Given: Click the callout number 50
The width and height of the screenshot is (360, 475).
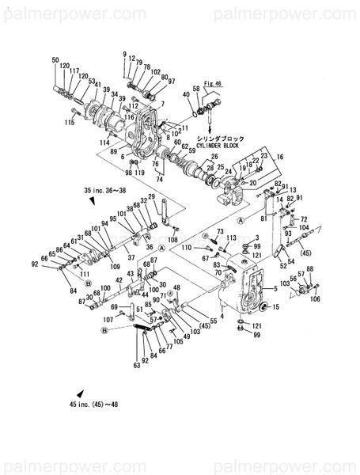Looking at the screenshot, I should (x=55, y=60).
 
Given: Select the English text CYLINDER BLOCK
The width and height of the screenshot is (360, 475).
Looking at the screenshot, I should (x=231, y=146).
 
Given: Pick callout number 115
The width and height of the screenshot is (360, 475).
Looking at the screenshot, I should (x=70, y=123).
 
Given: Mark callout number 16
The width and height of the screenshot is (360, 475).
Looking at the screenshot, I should (x=279, y=158).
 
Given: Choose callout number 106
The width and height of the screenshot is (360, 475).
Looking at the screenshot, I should (x=315, y=299).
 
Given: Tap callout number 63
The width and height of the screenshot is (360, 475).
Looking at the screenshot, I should (x=135, y=366).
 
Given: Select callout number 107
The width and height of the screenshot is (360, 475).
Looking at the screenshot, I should (x=107, y=319).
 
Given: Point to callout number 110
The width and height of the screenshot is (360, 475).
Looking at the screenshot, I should (x=186, y=248).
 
